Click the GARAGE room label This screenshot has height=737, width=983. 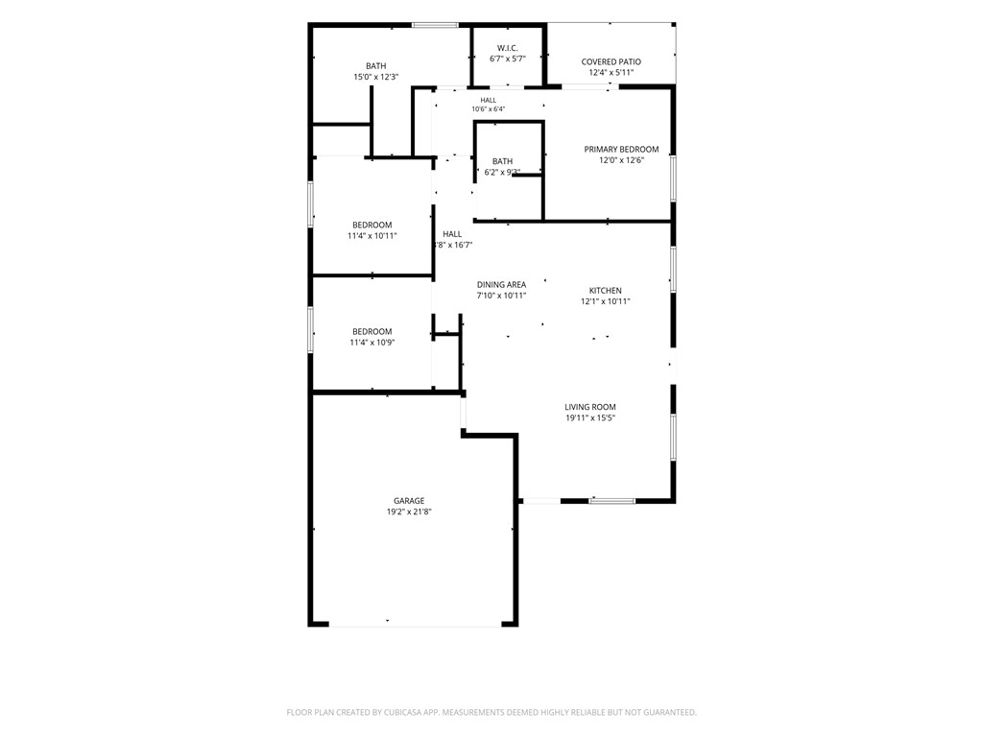[x=409, y=501]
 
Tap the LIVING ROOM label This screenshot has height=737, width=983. [x=590, y=407]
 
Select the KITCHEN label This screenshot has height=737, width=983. [x=606, y=290]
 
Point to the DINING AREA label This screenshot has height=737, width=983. [x=501, y=284]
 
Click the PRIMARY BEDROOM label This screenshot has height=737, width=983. [x=621, y=149]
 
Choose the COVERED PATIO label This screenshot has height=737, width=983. [x=611, y=61]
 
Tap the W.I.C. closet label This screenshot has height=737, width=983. [x=508, y=48]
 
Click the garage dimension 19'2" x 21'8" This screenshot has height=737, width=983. [x=409, y=511]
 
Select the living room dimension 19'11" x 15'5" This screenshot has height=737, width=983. [x=590, y=417]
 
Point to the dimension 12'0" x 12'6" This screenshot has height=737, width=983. [x=621, y=160]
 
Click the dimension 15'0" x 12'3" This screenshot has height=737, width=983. [x=376, y=77]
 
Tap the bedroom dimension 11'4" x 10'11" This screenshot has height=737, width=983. [x=372, y=236]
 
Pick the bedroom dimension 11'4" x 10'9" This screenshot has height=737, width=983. [x=372, y=343]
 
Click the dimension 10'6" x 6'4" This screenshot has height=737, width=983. [x=489, y=109]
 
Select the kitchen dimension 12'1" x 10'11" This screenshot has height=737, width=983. [x=606, y=300]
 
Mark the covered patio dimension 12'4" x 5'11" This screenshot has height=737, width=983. [x=611, y=72]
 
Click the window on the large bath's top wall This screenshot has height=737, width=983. [x=435, y=25]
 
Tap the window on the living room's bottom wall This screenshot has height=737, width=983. [x=611, y=501]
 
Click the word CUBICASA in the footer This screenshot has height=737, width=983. [x=403, y=713]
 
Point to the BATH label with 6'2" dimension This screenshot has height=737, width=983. [x=502, y=161]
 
